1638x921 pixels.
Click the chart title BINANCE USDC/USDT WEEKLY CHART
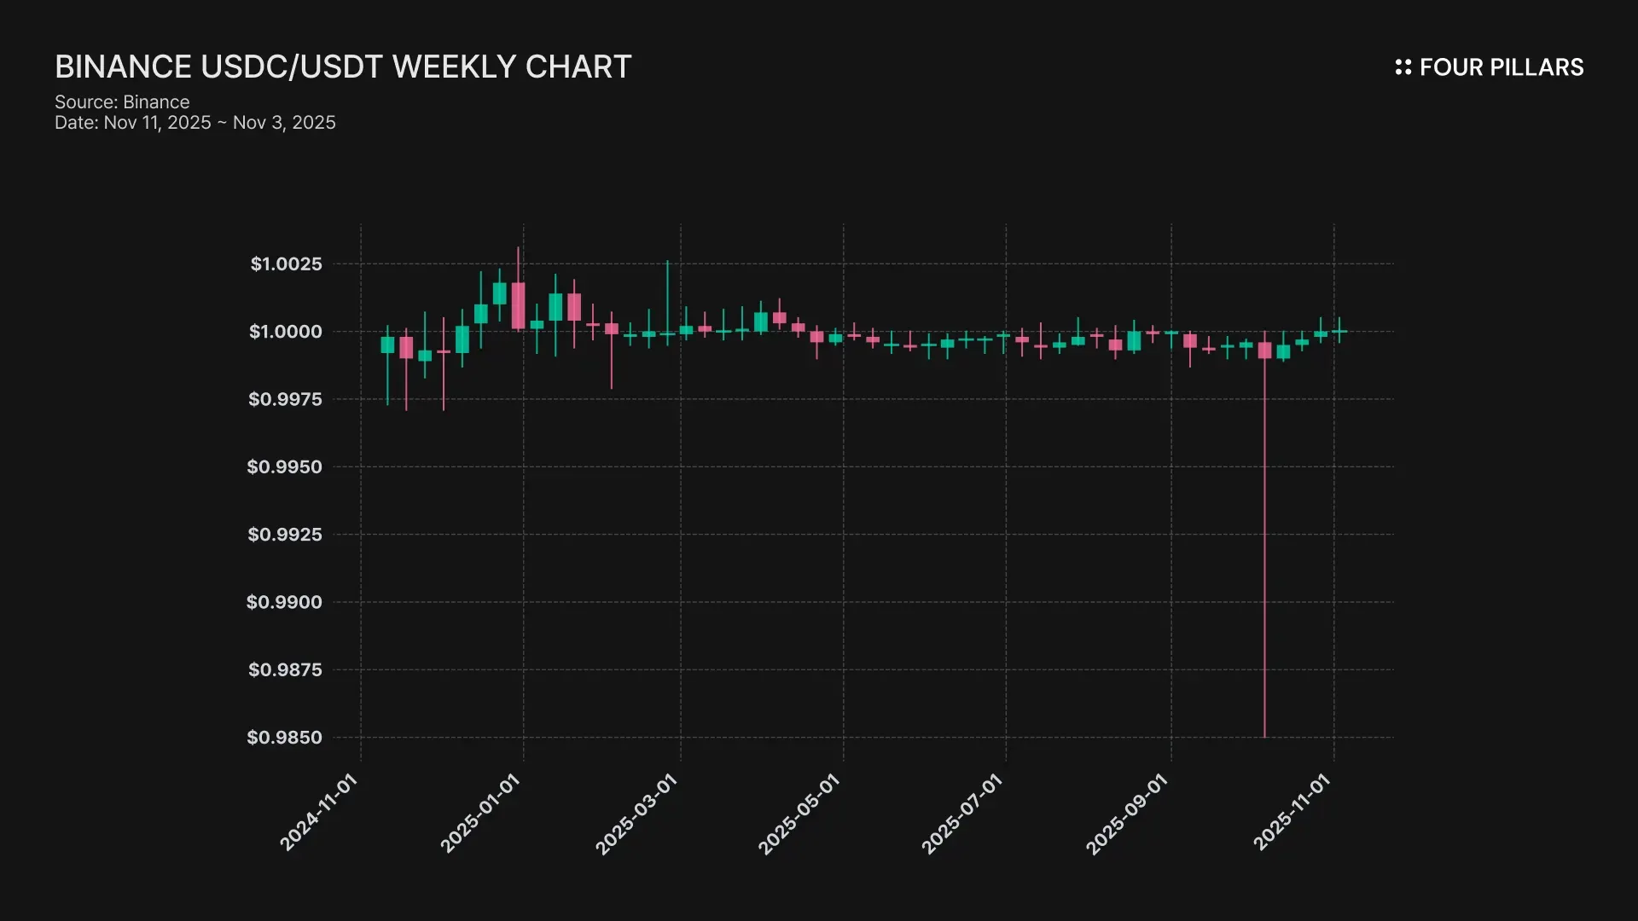pos(343,67)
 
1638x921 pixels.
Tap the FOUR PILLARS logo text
pos(1501,67)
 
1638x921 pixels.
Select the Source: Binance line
pos(122,102)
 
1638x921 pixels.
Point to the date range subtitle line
pos(195,123)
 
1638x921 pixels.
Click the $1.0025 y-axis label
pos(286,264)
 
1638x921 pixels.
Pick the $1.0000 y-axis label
pos(286,332)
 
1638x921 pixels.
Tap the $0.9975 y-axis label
pos(285,399)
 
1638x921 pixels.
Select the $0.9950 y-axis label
pos(284,467)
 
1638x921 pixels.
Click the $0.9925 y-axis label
pos(285,535)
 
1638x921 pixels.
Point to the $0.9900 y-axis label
pos(284,602)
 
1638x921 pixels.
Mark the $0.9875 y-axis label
pos(285,670)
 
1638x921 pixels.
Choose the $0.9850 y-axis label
pos(284,738)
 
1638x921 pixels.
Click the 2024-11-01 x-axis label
pos(318,812)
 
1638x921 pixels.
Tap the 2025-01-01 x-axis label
pos(479,813)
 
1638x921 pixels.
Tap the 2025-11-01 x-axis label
pos(1291,812)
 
